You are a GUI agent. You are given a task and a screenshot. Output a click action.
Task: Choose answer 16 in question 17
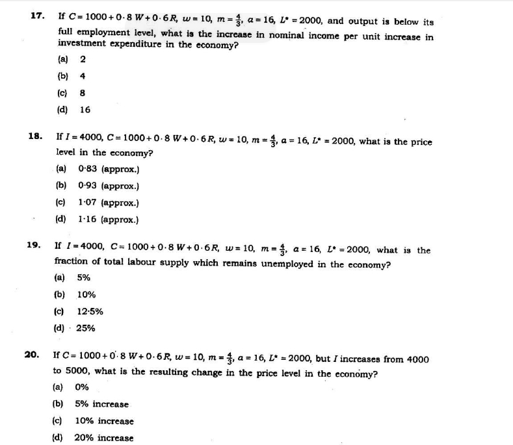point(85,110)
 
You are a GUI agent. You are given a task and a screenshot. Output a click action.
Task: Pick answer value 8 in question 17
point(83,93)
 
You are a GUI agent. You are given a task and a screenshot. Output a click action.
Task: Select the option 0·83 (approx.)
point(108,169)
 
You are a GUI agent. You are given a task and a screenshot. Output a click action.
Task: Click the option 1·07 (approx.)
point(108,203)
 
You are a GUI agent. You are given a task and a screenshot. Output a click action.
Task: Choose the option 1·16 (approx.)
point(108,220)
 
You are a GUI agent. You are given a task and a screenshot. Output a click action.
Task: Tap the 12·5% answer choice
point(90,311)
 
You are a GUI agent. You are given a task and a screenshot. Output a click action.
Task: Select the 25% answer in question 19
point(85,328)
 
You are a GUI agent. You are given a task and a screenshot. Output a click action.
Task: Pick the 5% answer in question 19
point(83,277)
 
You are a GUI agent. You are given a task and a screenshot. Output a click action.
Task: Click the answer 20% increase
point(103,438)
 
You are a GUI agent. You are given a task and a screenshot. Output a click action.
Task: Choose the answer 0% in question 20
point(81,387)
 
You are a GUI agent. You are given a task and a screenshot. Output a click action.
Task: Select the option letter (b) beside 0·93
point(61,186)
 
